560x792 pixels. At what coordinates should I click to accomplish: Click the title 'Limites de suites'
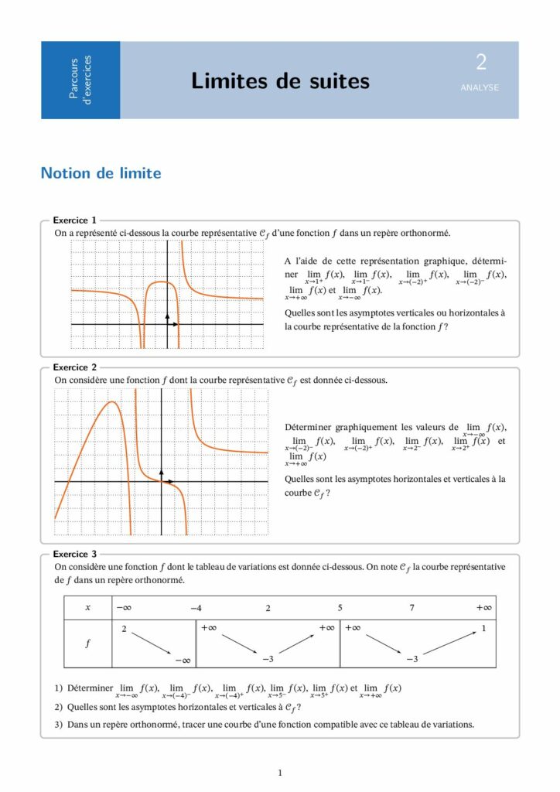coord(280,80)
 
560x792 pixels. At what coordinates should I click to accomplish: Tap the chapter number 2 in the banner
coord(481,63)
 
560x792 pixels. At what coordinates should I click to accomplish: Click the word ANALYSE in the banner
coord(480,87)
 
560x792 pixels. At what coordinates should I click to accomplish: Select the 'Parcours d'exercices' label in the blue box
coord(80,80)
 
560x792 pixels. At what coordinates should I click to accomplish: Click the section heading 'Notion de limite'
coord(101,173)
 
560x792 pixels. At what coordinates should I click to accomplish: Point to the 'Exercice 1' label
coord(74,220)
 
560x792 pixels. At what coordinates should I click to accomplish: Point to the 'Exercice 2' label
coord(74,367)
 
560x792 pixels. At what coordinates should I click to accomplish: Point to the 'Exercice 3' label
coord(74,554)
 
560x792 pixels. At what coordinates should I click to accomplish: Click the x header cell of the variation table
coord(87,608)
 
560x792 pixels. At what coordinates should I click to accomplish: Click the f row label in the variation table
coord(87,643)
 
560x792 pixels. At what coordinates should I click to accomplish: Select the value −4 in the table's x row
coord(196,608)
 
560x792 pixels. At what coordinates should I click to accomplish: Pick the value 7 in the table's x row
coord(411,608)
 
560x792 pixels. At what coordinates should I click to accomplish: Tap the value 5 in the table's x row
coord(340,608)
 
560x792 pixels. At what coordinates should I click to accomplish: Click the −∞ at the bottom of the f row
coord(183,660)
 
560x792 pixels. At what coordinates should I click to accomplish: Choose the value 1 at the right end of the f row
coord(483,628)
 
